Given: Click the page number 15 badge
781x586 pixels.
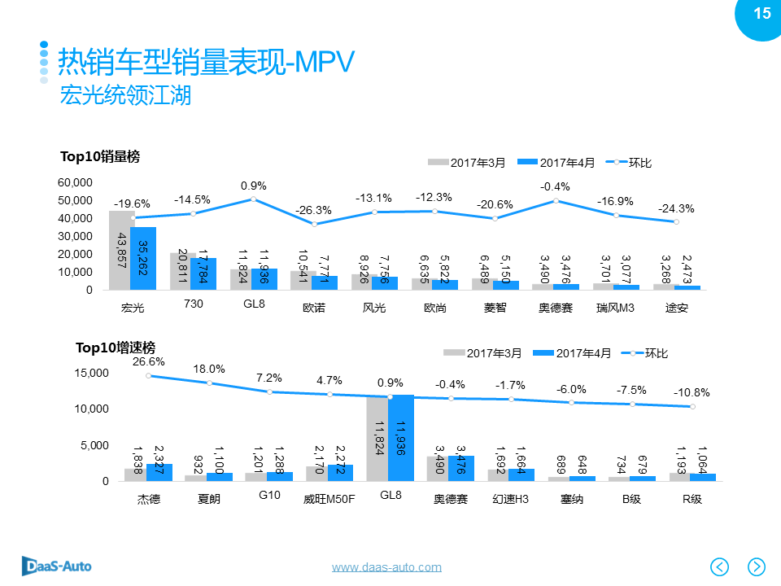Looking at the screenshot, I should point(761,14).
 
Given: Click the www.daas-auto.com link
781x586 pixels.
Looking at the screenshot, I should point(386,567).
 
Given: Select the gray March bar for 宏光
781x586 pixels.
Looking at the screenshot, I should point(121,250).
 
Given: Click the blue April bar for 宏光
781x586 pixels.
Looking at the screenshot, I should point(142,258).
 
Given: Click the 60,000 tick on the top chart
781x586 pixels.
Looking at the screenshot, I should point(76,182).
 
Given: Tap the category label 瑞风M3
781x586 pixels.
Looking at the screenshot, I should point(615,308).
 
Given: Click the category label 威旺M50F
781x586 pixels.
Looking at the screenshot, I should point(329,499).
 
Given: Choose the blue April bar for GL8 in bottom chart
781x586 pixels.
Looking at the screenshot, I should point(401,437).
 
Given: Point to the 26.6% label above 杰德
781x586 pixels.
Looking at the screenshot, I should point(148,361).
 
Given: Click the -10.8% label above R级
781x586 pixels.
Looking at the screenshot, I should point(692,392).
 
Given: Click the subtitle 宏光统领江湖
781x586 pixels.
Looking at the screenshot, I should point(125,96).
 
